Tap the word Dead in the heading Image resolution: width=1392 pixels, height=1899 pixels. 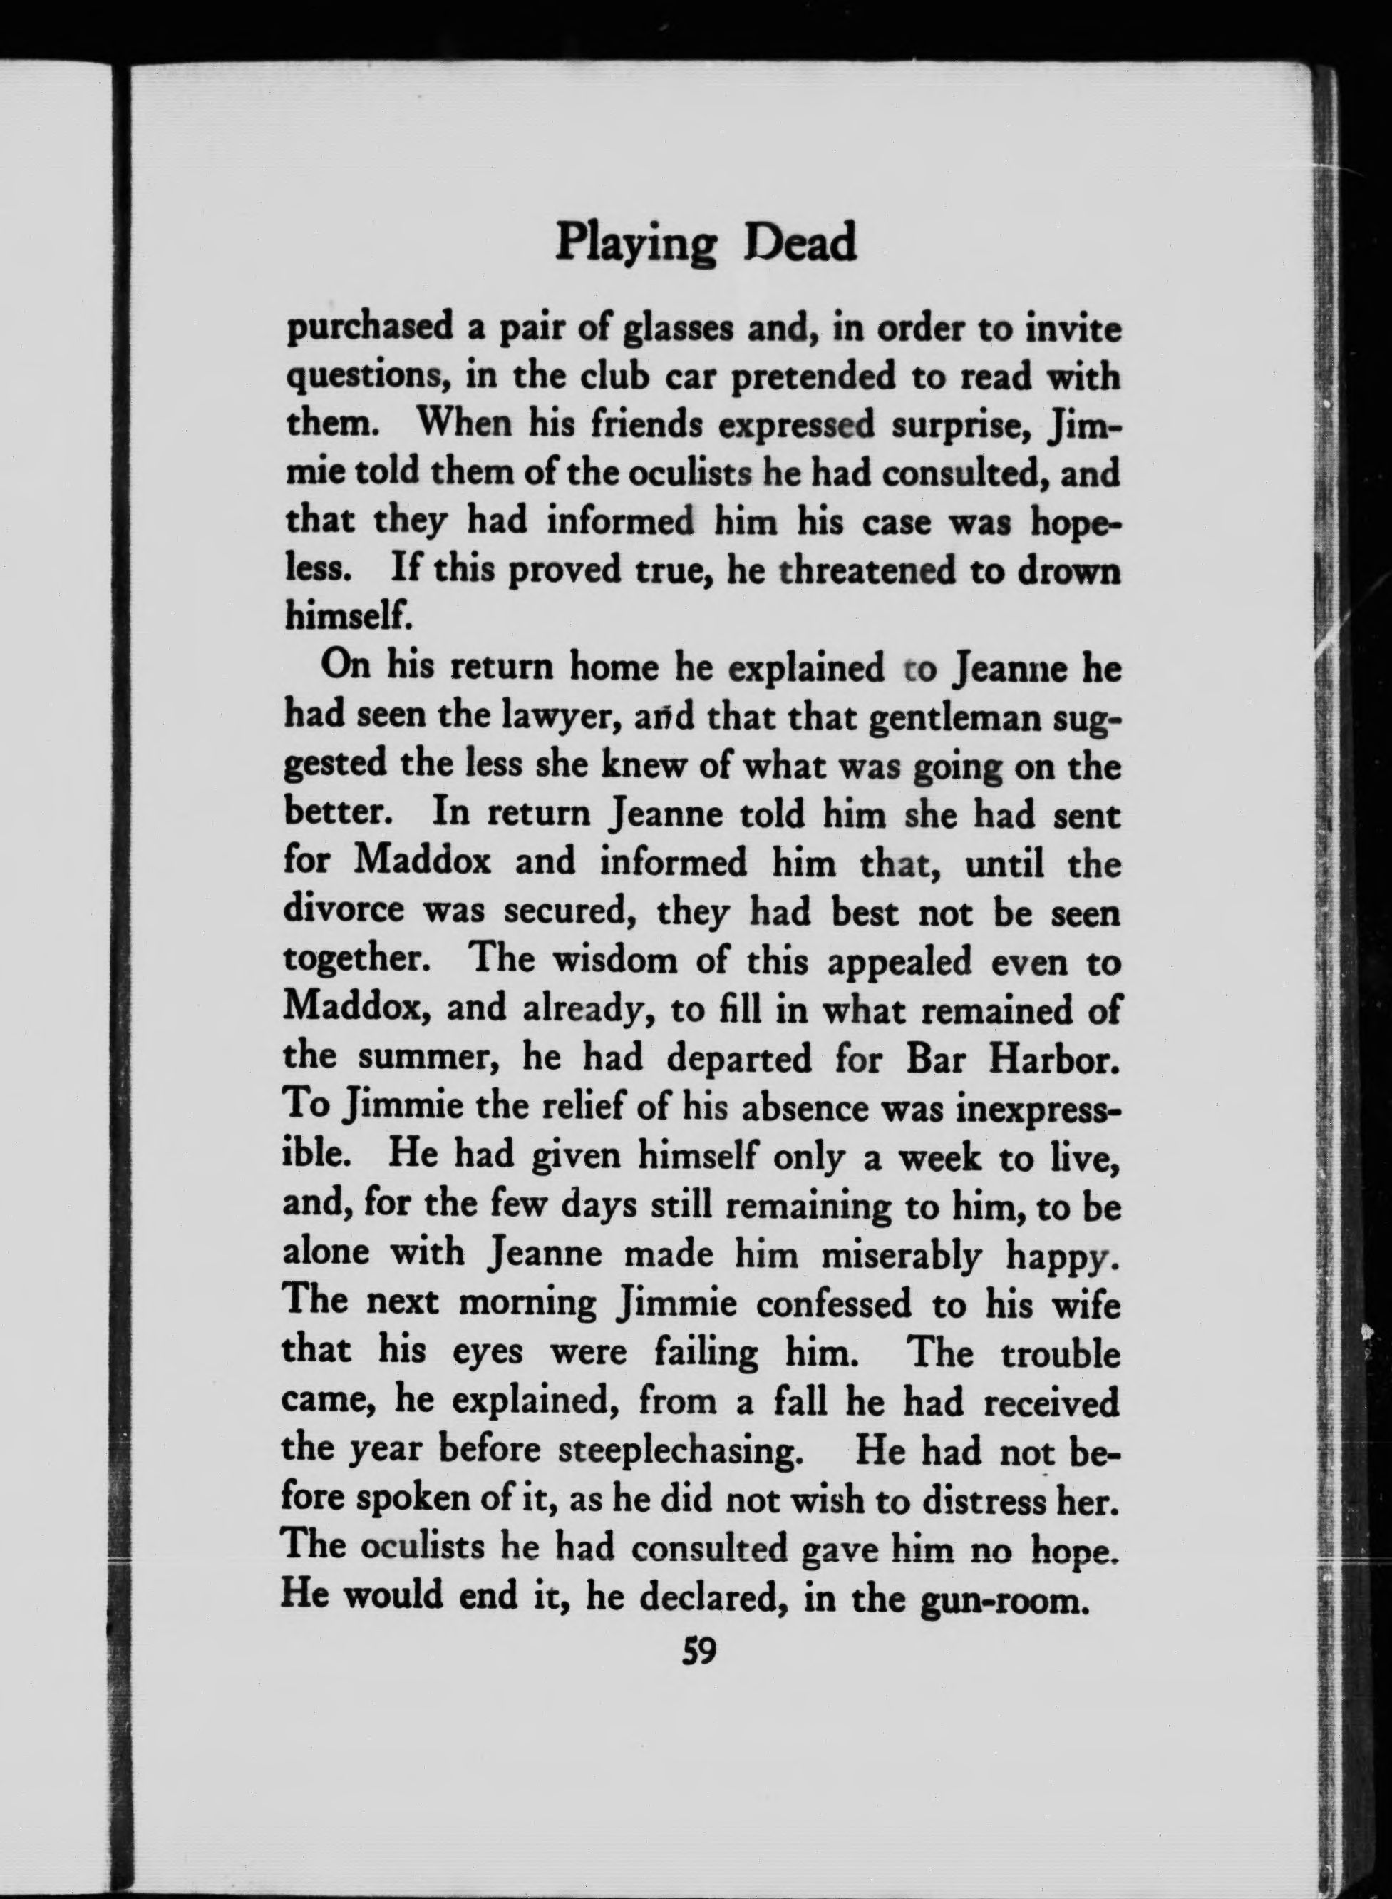[x=800, y=242]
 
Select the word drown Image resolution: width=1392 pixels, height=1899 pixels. [x=1068, y=570]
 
